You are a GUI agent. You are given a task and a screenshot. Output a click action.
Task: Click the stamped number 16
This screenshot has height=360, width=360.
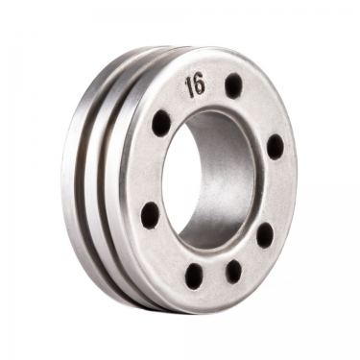tap(195, 84)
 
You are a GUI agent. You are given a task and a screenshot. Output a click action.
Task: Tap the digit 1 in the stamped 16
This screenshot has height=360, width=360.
tap(189, 86)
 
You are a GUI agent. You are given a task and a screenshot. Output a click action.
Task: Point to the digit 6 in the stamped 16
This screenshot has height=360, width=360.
tap(200, 84)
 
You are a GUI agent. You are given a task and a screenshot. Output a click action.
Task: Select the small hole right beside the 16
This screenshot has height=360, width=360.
tap(233, 86)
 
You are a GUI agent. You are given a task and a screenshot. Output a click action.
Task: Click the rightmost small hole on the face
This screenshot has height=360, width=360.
tap(276, 146)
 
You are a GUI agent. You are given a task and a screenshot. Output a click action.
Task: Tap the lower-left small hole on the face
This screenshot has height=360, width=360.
tap(151, 213)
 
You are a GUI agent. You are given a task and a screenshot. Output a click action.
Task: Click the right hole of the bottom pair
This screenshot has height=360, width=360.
tap(233, 271)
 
